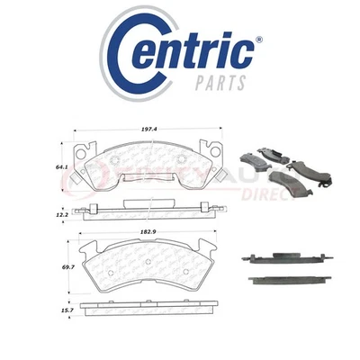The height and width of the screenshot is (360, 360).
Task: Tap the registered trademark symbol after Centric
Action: pyautogui.click(x=260, y=40)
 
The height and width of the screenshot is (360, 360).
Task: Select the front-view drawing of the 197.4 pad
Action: pyautogui.click(x=148, y=166)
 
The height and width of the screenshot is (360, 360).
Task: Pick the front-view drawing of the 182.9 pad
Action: pyautogui.click(x=148, y=267)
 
